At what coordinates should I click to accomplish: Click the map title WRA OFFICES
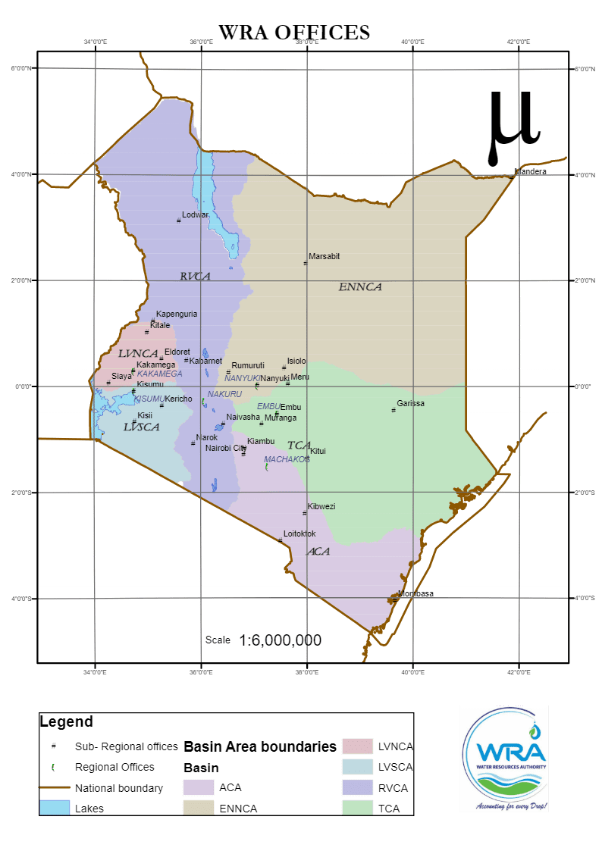(x=294, y=32)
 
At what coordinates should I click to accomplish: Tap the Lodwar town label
(x=195, y=214)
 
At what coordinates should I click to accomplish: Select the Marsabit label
(x=324, y=256)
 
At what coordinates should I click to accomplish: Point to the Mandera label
(x=530, y=172)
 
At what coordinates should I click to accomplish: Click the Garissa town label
(x=410, y=403)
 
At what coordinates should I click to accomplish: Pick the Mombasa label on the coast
(x=416, y=593)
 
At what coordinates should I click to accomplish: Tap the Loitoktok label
(x=299, y=533)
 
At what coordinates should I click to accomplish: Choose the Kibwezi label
(x=321, y=506)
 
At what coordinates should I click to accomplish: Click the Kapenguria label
(x=177, y=314)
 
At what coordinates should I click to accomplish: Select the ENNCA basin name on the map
(x=360, y=287)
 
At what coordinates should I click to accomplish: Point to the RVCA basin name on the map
(x=195, y=277)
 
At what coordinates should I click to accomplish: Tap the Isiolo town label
(x=296, y=361)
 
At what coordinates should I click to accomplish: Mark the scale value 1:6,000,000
(x=280, y=640)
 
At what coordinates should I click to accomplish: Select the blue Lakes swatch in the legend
(x=54, y=808)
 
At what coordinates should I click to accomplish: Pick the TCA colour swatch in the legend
(x=357, y=809)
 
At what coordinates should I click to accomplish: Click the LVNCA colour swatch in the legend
(x=357, y=746)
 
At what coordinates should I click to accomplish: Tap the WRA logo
(x=504, y=759)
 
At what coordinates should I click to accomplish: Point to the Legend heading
(x=66, y=721)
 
